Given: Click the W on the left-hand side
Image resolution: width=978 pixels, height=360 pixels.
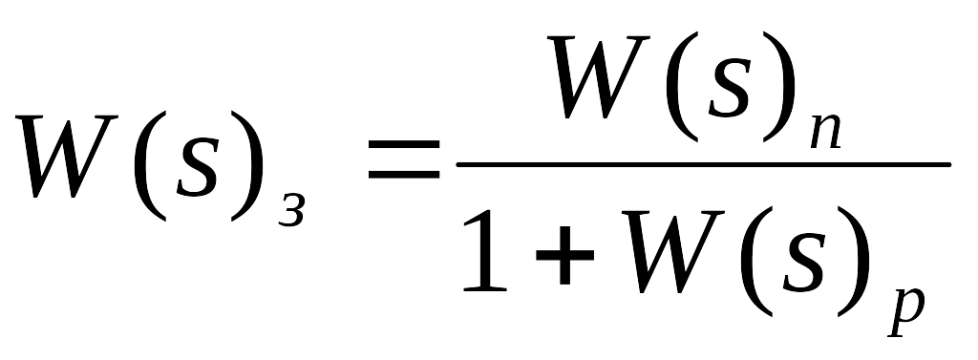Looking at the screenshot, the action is click(x=67, y=156).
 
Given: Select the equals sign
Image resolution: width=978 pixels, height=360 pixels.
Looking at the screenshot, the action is click(x=404, y=159).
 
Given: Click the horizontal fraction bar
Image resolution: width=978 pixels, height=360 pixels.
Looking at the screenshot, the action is click(x=704, y=164).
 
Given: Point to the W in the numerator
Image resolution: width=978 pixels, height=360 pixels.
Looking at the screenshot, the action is click(x=598, y=76).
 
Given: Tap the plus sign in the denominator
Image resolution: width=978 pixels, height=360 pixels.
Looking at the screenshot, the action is click(x=564, y=255).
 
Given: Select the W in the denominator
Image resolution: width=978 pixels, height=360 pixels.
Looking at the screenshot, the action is click(x=672, y=251).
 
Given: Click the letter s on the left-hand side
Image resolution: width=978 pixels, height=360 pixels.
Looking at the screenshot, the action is click(x=197, y=167).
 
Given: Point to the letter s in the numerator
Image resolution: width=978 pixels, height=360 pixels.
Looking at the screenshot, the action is click(x=729, y=88).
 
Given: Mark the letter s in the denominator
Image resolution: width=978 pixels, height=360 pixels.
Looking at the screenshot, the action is click(x=804, y=263).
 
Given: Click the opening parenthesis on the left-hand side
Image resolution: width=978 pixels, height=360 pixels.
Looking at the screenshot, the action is click(x=148, y=166).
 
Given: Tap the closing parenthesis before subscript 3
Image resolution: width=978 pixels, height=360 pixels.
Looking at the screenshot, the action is click(x=247, y=166).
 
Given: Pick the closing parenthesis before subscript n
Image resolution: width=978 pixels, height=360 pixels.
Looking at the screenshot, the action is click(x=779, y=87).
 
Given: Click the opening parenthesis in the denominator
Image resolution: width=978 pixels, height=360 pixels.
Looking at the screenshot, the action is click(x=756, y=262).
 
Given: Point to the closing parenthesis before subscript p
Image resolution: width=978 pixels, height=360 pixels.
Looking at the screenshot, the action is click(x=854, y=262).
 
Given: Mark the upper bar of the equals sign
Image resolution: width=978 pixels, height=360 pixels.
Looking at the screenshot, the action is click(x=404, y=145).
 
